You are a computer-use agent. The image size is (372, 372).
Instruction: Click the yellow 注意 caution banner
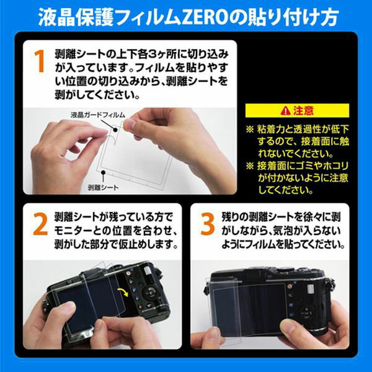(297, 111)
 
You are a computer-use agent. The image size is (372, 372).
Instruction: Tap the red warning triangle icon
(285, 111)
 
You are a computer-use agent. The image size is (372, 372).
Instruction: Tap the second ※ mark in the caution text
(250, 166)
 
